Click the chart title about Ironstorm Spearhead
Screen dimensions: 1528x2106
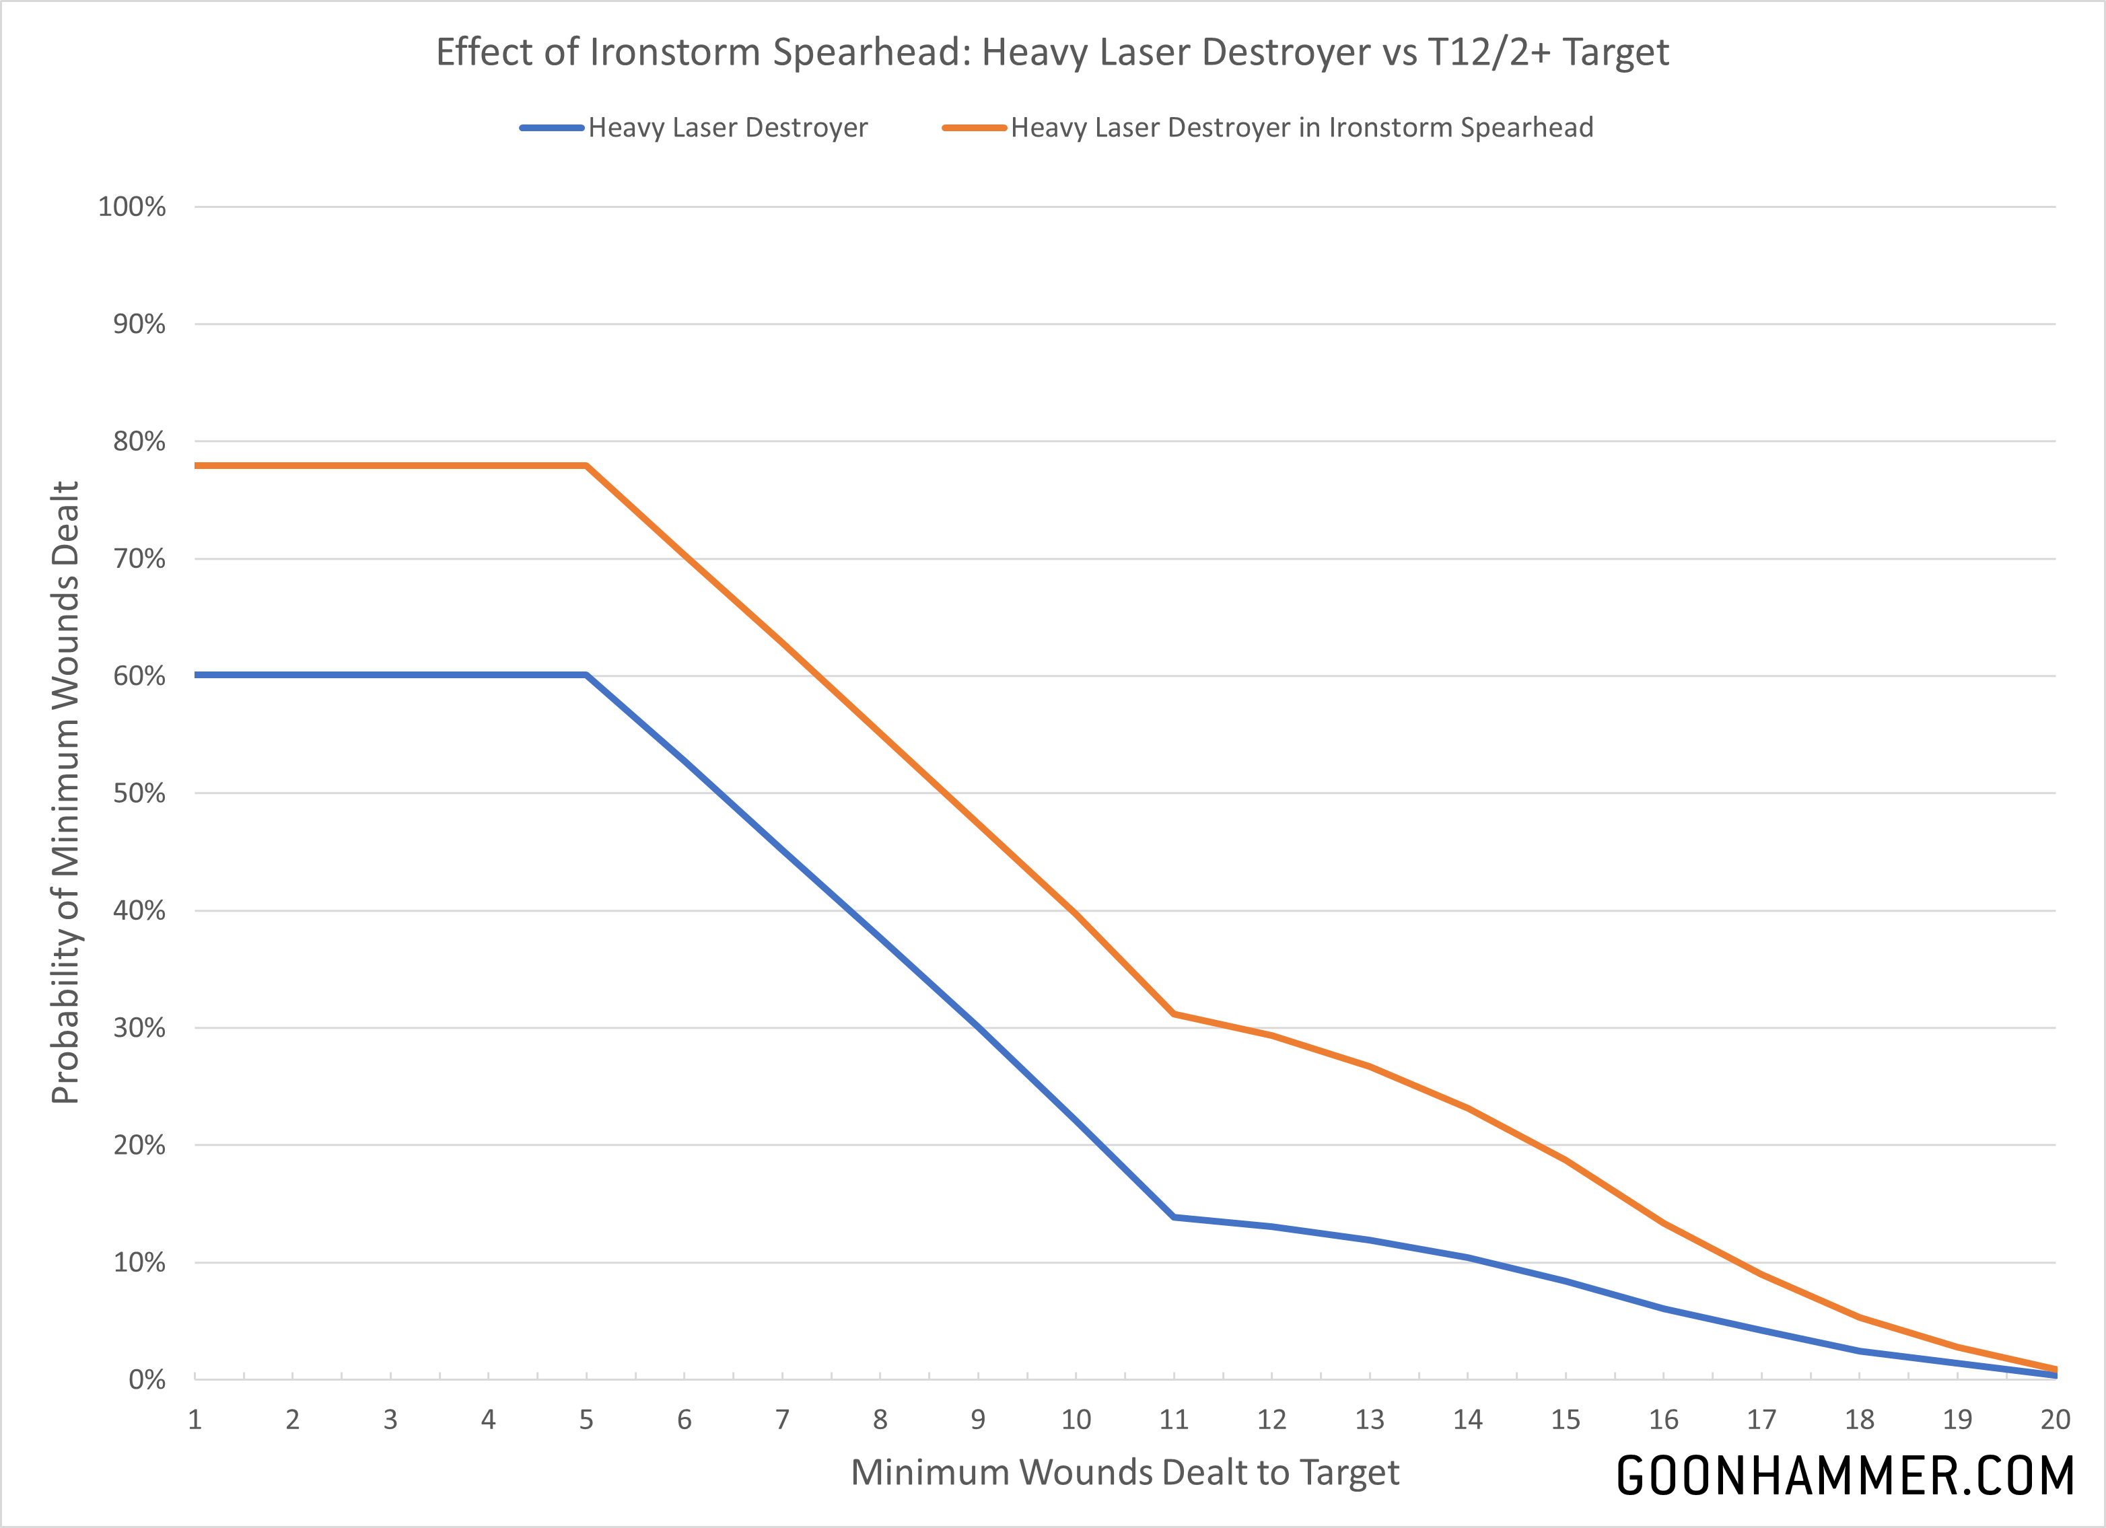[x=1052, y=52]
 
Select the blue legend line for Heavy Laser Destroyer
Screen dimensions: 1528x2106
[x=552, y=127]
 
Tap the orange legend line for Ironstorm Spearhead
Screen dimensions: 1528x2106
[x=974, y=127]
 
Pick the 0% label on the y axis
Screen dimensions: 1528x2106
[x=147, y=1379]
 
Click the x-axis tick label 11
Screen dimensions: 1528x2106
[x=1174, y=1420]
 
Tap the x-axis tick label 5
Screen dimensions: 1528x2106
[x=586, y=1420]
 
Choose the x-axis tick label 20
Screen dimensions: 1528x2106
[x=2055, y=1420]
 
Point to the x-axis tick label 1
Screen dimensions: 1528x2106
[x=195, y=1420]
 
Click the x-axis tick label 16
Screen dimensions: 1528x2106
[x=1663, y=1420]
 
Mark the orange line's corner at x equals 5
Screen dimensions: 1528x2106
[x=587, y=466]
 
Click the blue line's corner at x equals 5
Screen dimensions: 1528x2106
[x=587, y=675]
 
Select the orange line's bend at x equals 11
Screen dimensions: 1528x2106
[x=1174, y=1014]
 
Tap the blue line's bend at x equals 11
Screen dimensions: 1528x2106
[x=1174, y=1217]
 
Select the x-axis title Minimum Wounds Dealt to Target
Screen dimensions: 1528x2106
[x=1125, y=1472]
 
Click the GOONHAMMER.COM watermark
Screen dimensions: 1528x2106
[x=1845, y=1476]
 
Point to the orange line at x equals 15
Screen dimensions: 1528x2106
[x=1566, y=1161]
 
